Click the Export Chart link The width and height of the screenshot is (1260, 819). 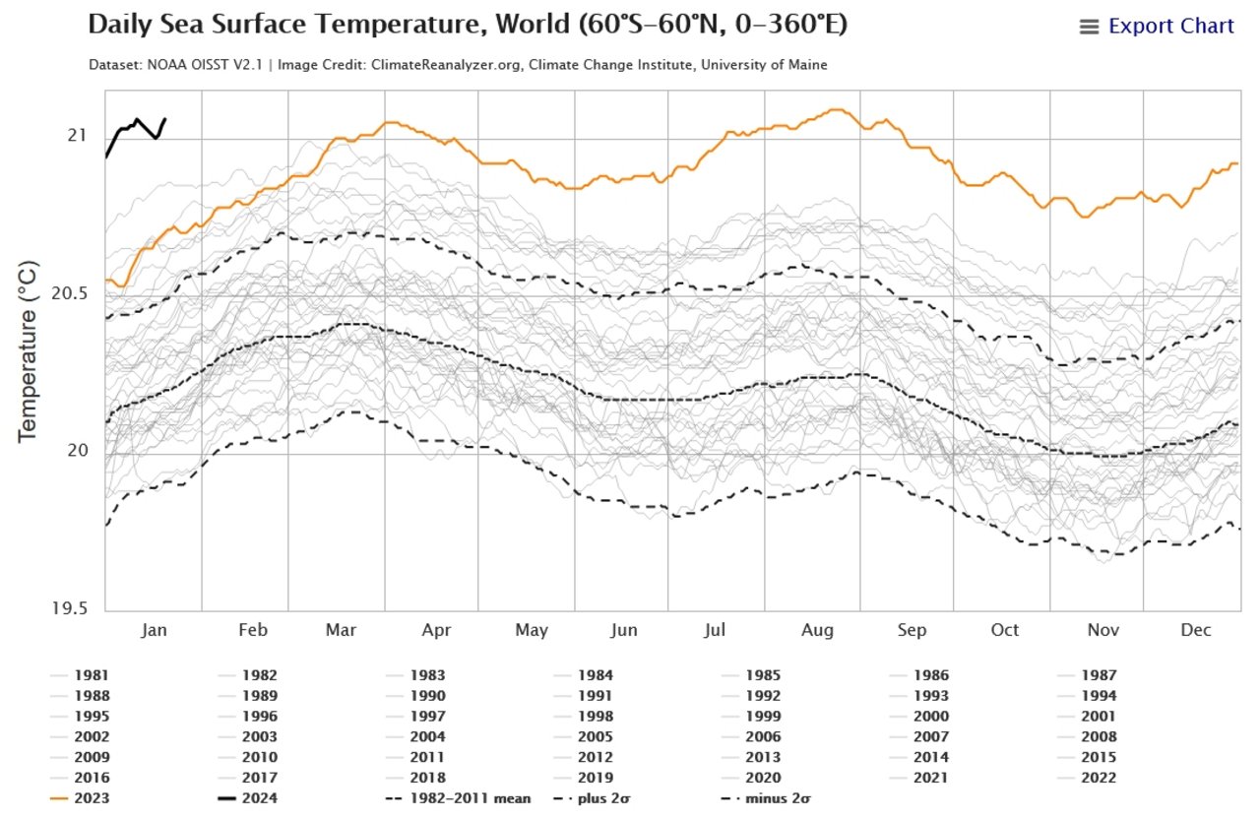tap(1171, 26)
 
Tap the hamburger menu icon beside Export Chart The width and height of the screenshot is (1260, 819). tap(1090, 27)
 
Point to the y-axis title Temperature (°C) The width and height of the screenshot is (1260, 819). tap(27, 351)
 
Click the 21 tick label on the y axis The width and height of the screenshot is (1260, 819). tap(78, 136)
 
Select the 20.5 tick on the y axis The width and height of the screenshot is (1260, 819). tap(70, 293)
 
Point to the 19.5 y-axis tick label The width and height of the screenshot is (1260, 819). tap(70, 608)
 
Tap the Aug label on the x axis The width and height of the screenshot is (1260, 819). tap(817, 630)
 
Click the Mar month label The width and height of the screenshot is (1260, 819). tap(341, 629)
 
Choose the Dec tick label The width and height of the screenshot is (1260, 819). tap(1196, 629)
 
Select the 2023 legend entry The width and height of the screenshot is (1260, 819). tap(80, 798)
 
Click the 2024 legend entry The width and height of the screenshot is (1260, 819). tap(247, 798)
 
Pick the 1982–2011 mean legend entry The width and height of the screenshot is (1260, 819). tap(459, 798)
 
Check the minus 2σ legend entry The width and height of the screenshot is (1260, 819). tap(766, 798)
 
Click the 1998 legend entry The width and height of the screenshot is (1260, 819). tap(585, 716)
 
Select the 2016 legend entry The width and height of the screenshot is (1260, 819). tap(80, 778)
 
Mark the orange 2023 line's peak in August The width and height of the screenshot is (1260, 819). tap(838, 109)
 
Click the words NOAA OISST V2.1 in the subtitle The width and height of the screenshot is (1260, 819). tap(205, 65)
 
